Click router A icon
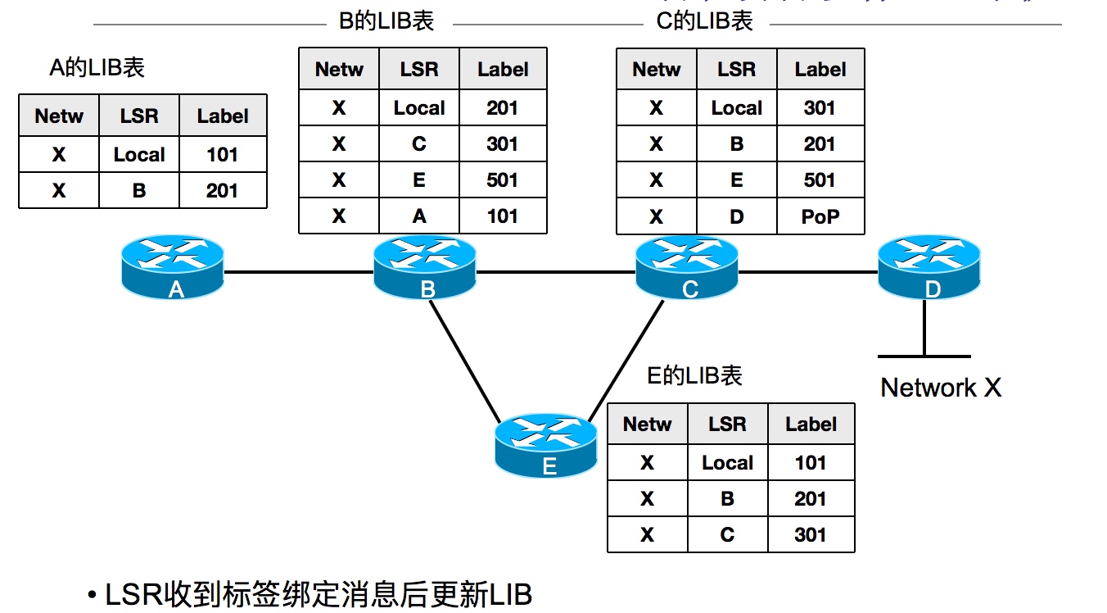172,266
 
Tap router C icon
689,266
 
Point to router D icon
929,266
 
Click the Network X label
941,388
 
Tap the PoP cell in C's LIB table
820,216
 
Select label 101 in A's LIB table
222,155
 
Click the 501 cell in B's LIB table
502,180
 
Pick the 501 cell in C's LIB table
820,180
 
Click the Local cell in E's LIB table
727,463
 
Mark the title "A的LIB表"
97,67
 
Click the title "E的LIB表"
694,375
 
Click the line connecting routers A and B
298,270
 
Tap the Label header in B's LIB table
502,70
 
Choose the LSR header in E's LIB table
727,425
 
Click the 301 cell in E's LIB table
810,535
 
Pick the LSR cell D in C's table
736,216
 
